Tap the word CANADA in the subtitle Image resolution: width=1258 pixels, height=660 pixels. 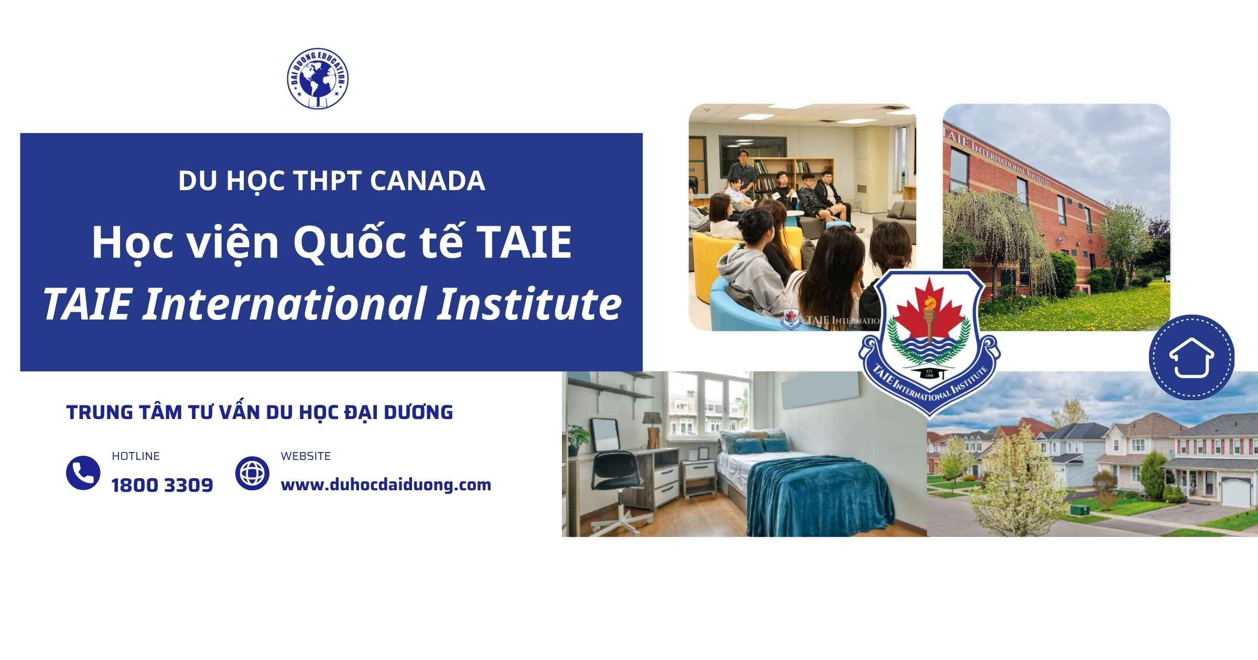[427, 181]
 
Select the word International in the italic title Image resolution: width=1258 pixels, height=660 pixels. [284, 304]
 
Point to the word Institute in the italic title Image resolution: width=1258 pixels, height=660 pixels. [529, 304]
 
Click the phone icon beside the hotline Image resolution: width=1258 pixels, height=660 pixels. [83, 473]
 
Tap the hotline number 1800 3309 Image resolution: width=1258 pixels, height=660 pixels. [162, 486]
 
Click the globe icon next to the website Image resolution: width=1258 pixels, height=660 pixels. [252, 473]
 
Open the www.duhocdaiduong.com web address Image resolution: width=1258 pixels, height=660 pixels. [386, 485]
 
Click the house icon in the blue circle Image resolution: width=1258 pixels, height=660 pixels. [1191, 358]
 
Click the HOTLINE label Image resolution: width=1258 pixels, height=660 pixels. [136, 456]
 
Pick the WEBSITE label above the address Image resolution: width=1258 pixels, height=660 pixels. [306, 456]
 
